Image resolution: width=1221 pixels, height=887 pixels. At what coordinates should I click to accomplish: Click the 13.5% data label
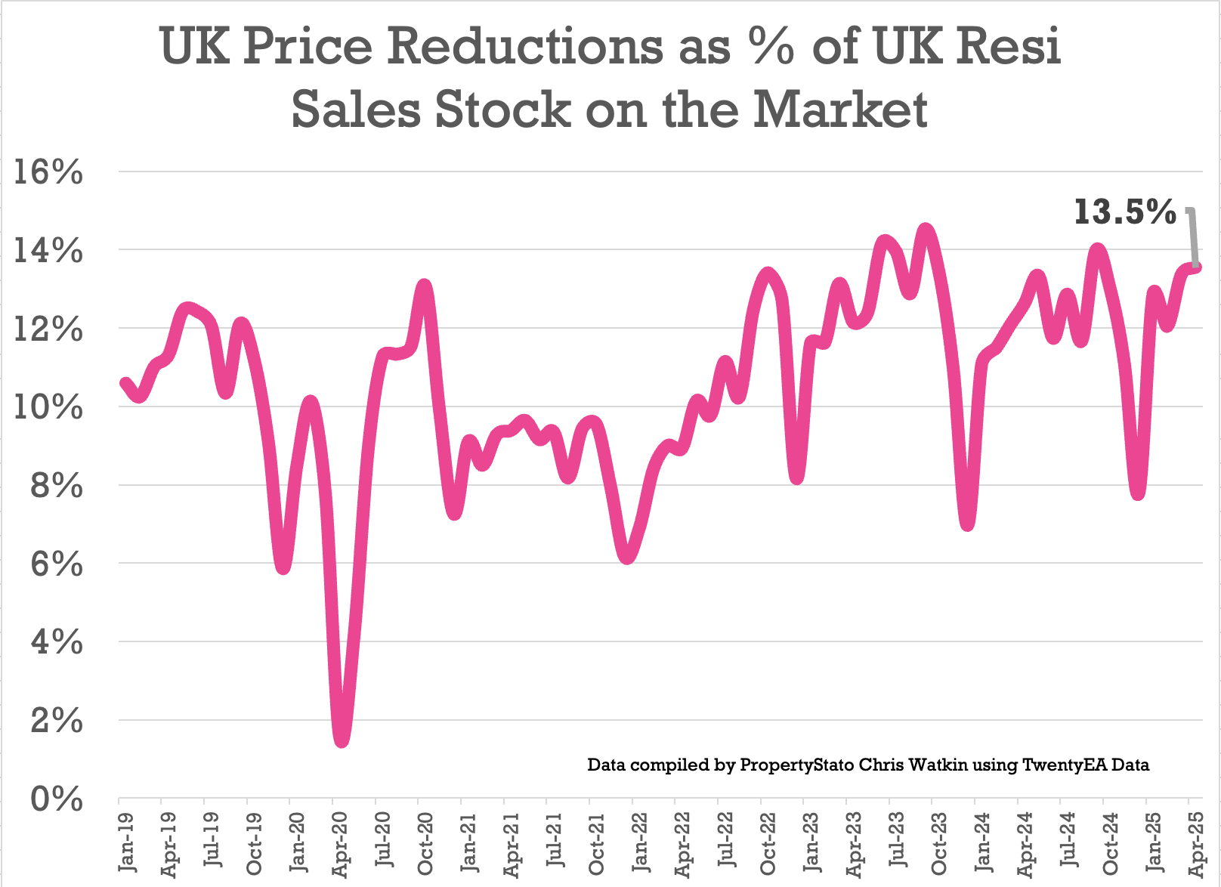[1125, 212]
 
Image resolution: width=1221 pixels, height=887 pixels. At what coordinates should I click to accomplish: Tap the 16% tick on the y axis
[57, 173]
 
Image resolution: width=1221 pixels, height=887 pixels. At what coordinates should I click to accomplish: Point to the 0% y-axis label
[57, 799]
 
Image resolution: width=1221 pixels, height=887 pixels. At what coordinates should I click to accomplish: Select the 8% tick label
[57, 486]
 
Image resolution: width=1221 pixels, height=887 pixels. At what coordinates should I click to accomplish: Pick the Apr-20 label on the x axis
[340, 843]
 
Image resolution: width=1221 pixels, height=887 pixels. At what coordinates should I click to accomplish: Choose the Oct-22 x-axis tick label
[768, 843]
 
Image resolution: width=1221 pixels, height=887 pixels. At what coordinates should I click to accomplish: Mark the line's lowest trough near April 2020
[342, 740]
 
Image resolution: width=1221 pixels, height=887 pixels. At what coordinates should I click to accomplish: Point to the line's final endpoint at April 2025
[1197, 267]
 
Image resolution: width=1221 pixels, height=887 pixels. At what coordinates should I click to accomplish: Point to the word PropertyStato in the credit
[797, 765]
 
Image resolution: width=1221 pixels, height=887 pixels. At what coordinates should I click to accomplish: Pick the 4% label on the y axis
[57, 642]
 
